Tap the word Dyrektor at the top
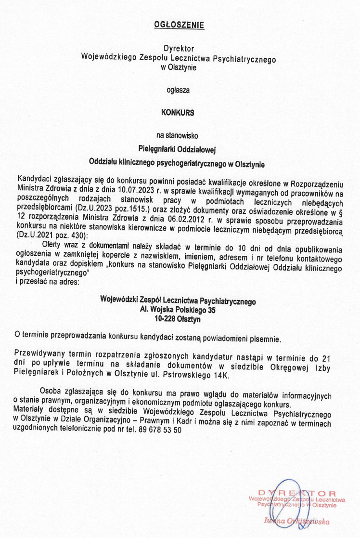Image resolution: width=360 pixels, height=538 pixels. [x=179, y=49]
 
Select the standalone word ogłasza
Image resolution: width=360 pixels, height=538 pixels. [x=179, y=90]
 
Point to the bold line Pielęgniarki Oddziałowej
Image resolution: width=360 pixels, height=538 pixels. [x=180, y=148]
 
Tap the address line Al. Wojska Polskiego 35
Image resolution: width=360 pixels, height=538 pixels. [x=178, y=310]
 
